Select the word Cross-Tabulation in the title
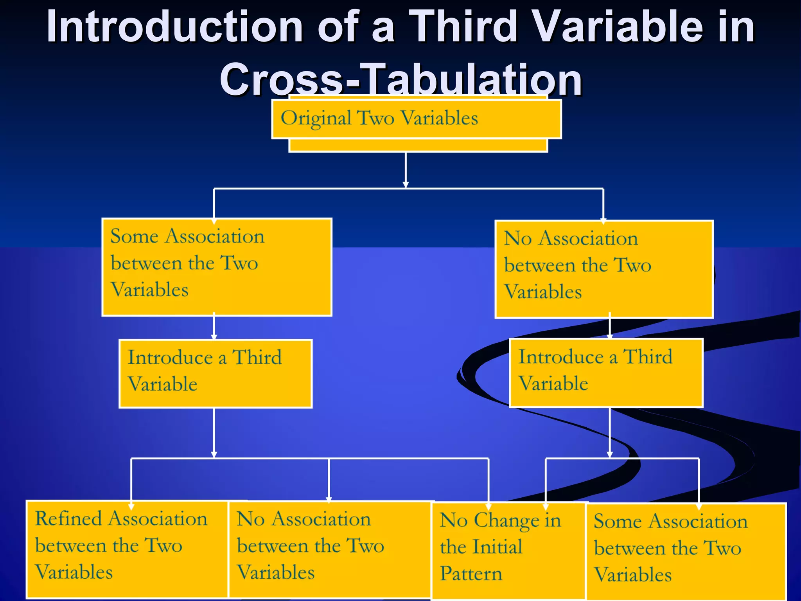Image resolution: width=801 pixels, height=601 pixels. coord(400,80)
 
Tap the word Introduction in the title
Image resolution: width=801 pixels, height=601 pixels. coord(174,27)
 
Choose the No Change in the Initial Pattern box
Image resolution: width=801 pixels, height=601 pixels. coord(508,550)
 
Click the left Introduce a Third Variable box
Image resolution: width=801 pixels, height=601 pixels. coord(216,374)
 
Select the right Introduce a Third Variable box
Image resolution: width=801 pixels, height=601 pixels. coord(606,373)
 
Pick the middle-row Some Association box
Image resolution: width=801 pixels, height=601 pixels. coord(217,267)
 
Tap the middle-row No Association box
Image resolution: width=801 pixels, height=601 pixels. coord(604,269)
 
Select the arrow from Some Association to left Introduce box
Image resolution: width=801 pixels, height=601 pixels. coord(214,327)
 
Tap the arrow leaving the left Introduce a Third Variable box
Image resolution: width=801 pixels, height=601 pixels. coord(214,432)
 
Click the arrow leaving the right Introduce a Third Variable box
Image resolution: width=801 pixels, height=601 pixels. coord(609,432)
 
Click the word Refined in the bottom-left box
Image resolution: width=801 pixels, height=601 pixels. coord(68,519)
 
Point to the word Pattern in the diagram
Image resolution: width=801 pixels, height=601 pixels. coord(471,574)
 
